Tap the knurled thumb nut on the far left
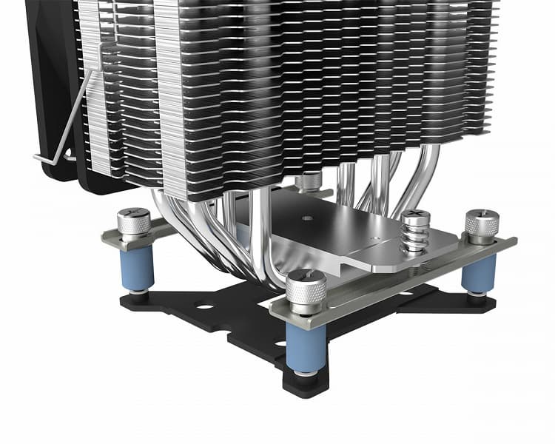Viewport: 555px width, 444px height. [134, 223]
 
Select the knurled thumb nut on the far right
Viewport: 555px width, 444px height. [482, 226]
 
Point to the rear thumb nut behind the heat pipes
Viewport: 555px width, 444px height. [309, 181]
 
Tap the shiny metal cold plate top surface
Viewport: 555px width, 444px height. [348, 237]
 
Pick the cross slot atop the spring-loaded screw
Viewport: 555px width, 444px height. [415, 216]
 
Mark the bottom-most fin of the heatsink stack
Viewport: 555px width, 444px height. [296, 194]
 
